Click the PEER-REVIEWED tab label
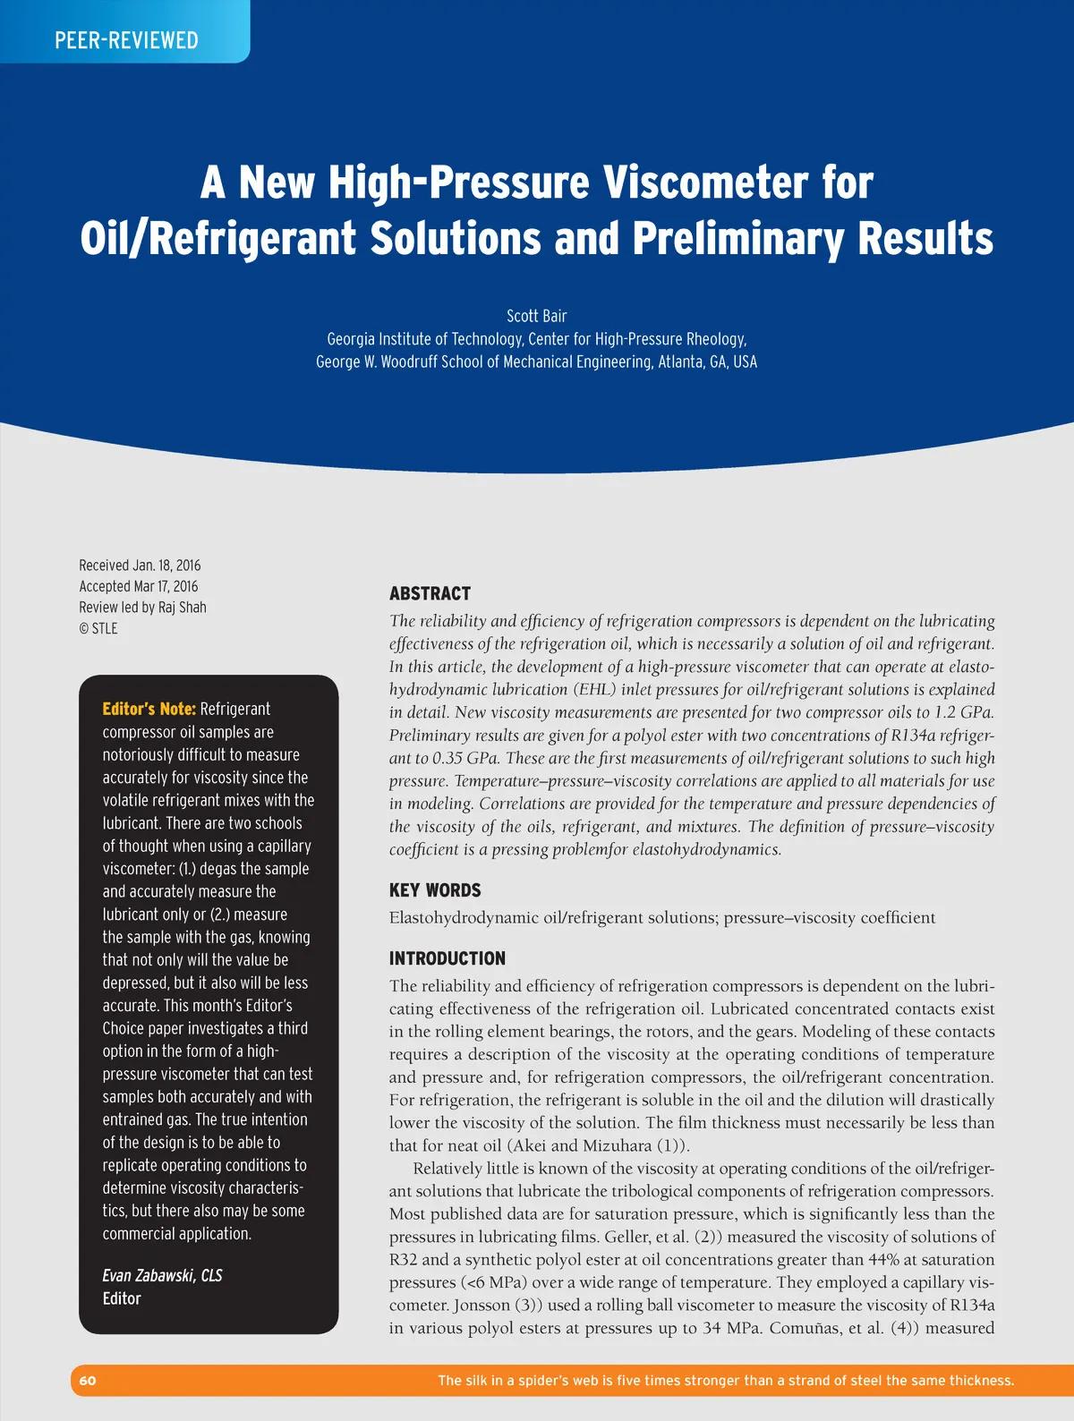tap(126, 40)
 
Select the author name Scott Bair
tap(536, 316)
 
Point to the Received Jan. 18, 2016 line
tap(140, 566)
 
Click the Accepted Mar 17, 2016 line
tap(139, 586)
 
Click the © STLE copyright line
tap(98, 628)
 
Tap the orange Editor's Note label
tap(149, 709)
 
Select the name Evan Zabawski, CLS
tap(162, 1275)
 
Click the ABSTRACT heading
tap(430, 593)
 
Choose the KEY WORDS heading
tap(435, 890)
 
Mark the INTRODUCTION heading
tap(447, 958)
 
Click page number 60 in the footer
tap(88, 1381)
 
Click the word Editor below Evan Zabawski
tap(122, 1298)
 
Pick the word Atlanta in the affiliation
tap(681, 362)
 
